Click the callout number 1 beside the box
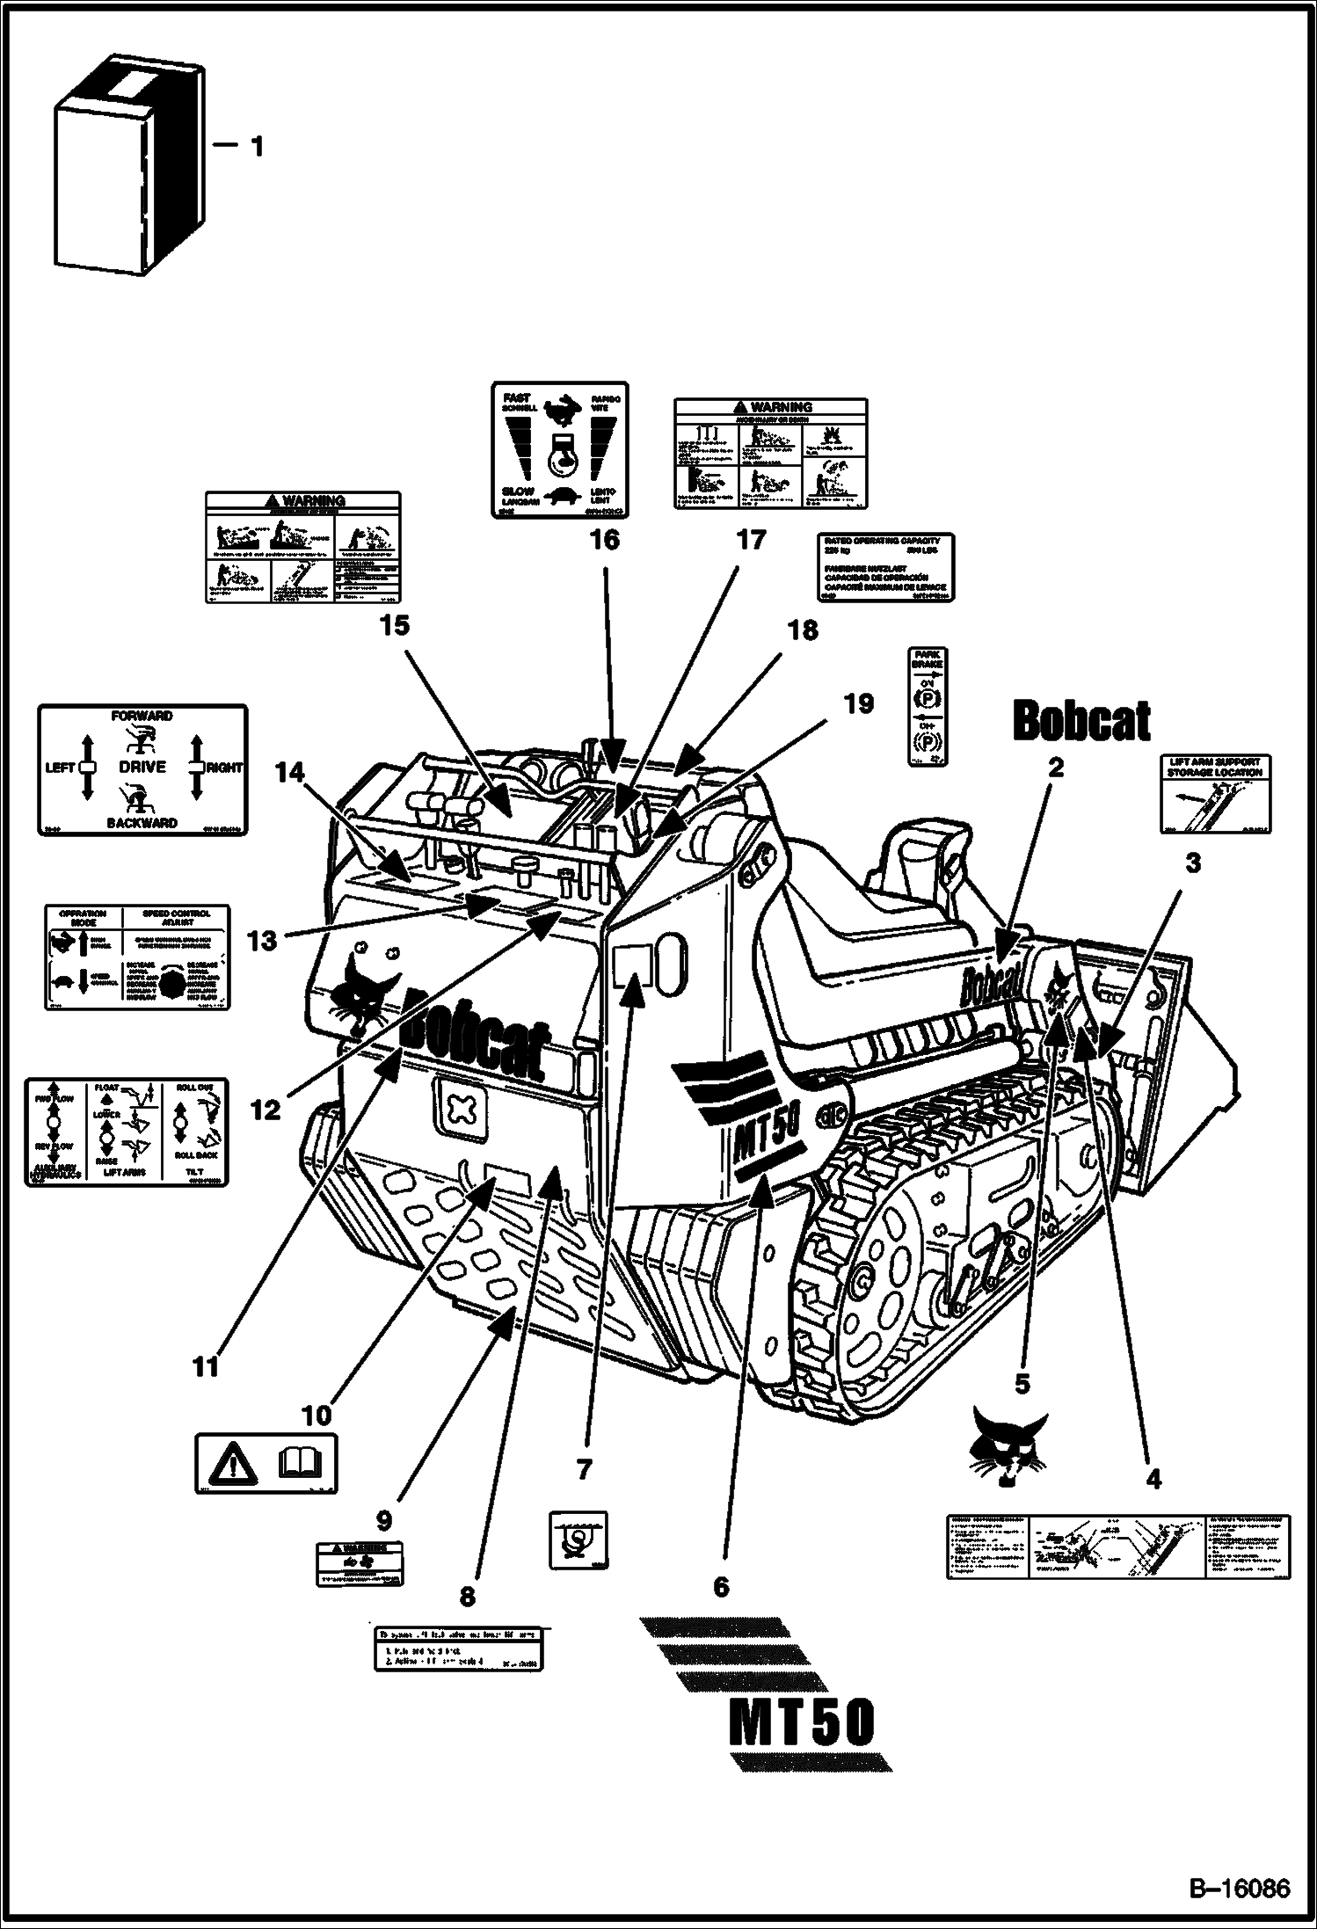tap(256, 147)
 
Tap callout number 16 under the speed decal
tap(604, 539)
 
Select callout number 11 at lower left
tap(206, 1366)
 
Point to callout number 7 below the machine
tap(584, 1467)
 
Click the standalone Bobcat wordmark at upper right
tap(1081, 722)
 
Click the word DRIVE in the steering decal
tap(142, 767)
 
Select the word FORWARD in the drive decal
tap(142, 716)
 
